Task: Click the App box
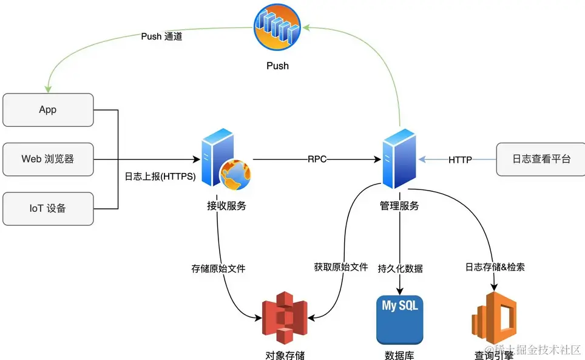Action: click(48, 110)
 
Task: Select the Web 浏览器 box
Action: click(48, 160)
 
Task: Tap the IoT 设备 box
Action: click(48, 209)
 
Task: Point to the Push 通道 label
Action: click(161, 36)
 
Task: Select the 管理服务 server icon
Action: click(399, 159)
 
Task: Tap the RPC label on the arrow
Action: click(317, 160)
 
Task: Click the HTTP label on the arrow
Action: click(461, 160)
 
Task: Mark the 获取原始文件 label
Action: click(340, 267)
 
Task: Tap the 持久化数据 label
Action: click(400, 268)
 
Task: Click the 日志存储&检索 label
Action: click(495, 267)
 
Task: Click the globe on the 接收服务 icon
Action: click(235, 174)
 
